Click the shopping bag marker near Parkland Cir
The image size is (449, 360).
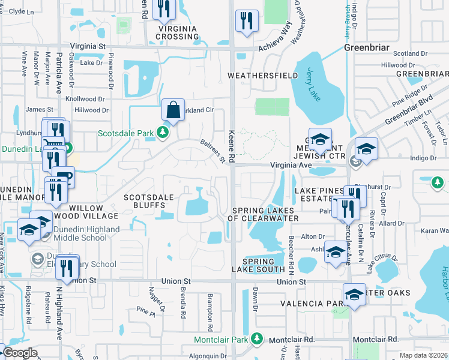click(172, 110)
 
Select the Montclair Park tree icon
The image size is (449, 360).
click(257, 339)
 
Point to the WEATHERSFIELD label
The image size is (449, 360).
click(263, 75)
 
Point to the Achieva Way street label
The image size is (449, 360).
click(274, 39)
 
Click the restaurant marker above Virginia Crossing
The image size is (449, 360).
click(163, 8)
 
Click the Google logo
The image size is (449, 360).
click(20, 353)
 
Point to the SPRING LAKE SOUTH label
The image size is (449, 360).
click(259, 266)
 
